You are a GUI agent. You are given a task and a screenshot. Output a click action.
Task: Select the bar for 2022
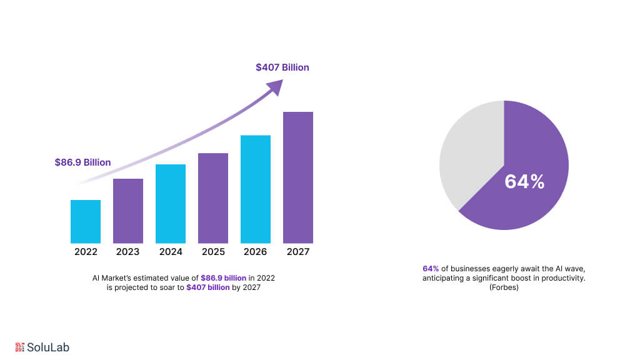tap(86, 221)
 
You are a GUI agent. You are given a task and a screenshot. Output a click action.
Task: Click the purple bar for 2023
tap(128, 211)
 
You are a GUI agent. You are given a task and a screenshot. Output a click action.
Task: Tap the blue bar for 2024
tap(171, 203)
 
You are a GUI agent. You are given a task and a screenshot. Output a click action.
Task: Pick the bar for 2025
tap(213, 197)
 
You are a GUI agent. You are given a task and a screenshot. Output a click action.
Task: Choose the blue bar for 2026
tap(256, 189)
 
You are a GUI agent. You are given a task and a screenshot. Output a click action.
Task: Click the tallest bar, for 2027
tap(298, 177)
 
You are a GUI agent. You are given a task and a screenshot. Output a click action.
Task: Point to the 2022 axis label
tap(86, 252)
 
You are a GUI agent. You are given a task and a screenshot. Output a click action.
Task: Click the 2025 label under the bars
tap(213, 252)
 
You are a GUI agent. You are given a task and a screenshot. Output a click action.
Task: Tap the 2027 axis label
tap(298, 252)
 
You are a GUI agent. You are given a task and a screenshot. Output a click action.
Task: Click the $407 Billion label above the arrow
tap(282, 67)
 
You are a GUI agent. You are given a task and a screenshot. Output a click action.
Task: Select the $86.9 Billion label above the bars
tap(82, 162)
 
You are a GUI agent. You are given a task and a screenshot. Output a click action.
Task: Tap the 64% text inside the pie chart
tap(524, 182)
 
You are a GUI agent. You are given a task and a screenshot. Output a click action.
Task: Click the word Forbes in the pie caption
tap(504, 287)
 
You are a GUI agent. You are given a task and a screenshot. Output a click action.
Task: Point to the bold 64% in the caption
tap(431, 269)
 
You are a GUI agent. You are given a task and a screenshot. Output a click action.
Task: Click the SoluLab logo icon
tap(19, 347)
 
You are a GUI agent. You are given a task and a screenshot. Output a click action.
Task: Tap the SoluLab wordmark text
tap(48, 347)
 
